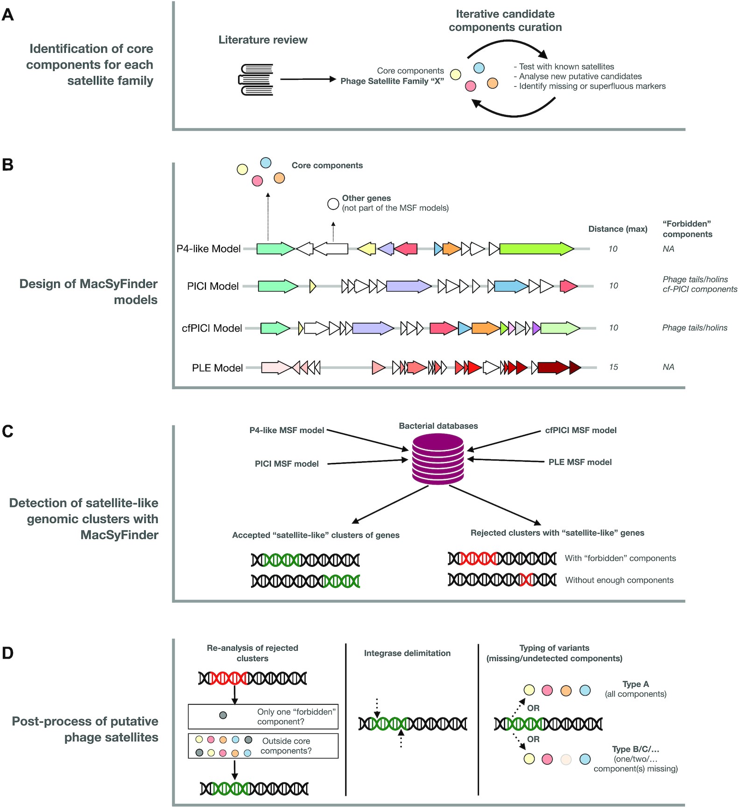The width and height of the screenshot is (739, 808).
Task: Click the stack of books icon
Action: tap(255, 80)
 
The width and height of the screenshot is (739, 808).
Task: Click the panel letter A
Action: tap(8, 15)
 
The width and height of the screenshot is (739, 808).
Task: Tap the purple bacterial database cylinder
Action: tap(438, 459)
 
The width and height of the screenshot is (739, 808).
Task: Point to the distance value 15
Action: tap(613, 367)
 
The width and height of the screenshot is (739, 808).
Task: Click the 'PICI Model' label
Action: tap(212, 286)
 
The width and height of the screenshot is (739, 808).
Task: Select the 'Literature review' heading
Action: tap(263, 40)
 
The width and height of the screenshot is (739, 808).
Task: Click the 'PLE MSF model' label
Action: tap(579, 462)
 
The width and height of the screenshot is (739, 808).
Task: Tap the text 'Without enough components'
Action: tap(619, 580)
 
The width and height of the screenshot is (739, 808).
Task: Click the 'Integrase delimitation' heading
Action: tap(407, 653)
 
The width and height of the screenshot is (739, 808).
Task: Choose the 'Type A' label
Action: tap(635, 684)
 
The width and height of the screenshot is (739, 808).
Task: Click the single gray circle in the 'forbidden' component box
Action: tap(223, 715)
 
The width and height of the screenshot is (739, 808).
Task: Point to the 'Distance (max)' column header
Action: tap(617, 229)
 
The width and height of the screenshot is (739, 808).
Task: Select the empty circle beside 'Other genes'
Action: tap(333, 204)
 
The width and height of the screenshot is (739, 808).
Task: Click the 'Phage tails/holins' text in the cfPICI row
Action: tap(694, 328)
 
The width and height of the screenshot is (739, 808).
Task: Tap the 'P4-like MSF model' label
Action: tap(286, 430)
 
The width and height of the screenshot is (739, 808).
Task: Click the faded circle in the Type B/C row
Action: tap(566, 759)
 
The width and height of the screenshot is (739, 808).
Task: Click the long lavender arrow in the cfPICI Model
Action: tap(373, 328)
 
